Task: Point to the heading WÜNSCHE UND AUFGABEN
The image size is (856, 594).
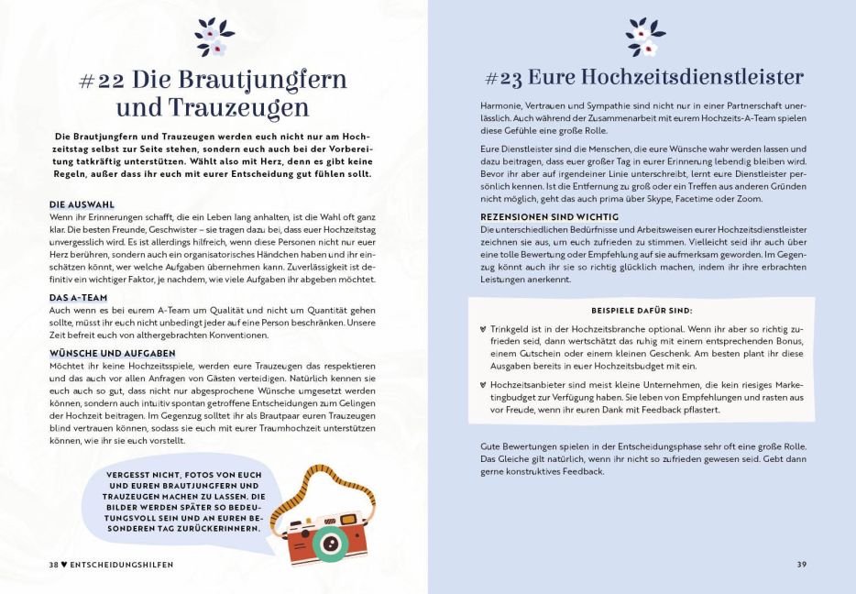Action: pos(112,352)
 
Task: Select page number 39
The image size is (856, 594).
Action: pos(801,564)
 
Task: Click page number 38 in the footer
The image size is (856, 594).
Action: pos(54,564)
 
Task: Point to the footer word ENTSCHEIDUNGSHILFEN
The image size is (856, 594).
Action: pos(122,564)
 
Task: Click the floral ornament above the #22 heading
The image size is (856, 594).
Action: pos(213,36)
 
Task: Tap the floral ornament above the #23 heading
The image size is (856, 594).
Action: pos(642,36)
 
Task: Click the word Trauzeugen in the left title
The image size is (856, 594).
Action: pos(236,108)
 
